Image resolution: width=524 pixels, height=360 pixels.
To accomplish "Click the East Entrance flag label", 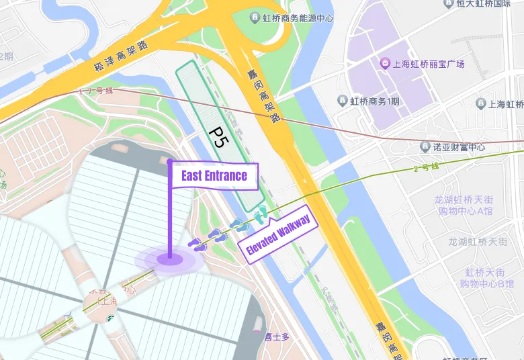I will click(213, 177).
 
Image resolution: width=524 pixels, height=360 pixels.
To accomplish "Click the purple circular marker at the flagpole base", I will click(169, 259).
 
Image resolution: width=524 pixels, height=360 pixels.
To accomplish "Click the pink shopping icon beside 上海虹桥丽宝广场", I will click(385, 64).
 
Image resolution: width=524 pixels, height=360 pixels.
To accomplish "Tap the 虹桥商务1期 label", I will click(374, 101).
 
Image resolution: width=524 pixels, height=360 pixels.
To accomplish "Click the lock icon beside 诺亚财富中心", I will click(425, 146).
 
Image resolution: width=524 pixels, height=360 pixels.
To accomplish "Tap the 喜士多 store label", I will click(276, 337).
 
